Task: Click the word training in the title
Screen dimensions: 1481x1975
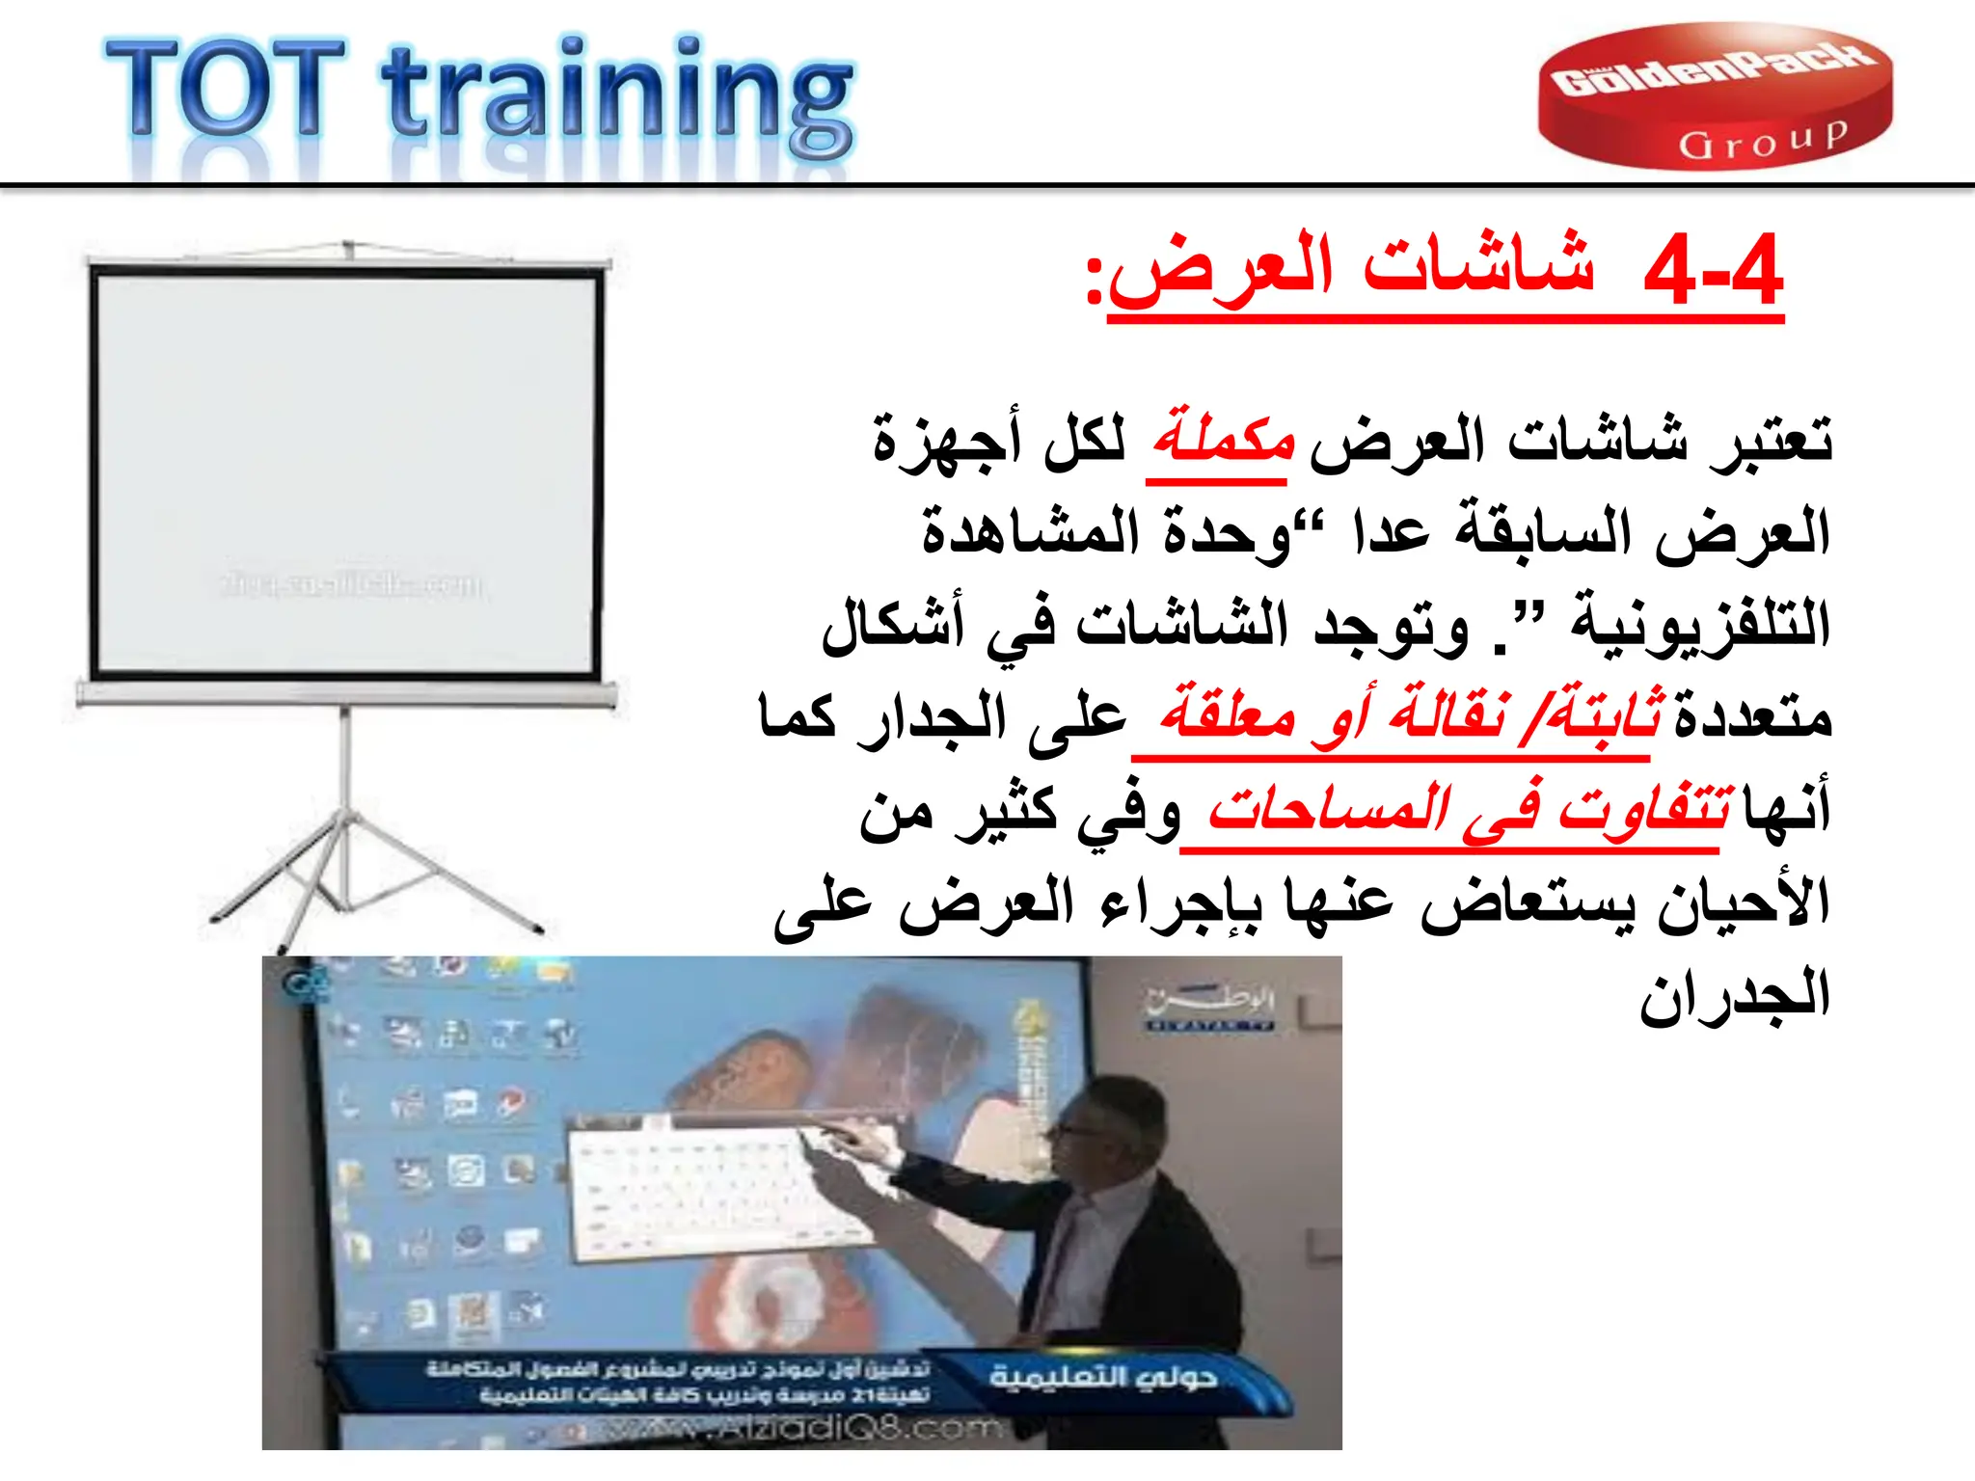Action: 617,96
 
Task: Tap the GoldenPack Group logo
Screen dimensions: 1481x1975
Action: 1715,96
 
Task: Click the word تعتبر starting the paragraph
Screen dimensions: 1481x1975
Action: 1770,440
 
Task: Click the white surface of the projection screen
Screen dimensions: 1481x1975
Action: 344,463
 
